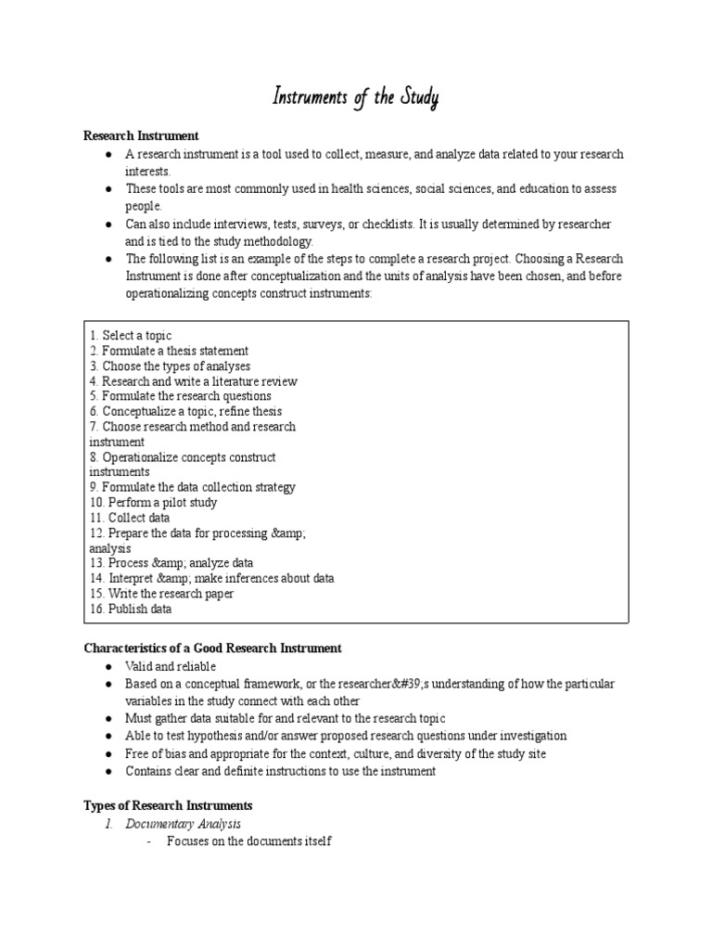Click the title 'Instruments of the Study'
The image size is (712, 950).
click(x=355, y=98)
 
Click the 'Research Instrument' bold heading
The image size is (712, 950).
click(x=141, y=136)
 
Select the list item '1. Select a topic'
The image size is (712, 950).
click(x=131, y=336)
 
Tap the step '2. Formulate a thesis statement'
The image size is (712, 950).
click(x=169, y=351)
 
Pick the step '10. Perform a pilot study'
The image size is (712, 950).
click(x=153, y=502)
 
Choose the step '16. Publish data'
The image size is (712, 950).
click(x=131, y=609)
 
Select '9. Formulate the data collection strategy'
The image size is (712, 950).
click(x=193, y=487)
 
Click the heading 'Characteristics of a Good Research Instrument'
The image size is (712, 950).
click(x=212, y=648)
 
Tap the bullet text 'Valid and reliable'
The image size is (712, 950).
click(x=171, y=666)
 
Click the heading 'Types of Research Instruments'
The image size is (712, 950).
click(x=168, y=805)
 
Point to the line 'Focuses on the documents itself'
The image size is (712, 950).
click(x=248, y=841)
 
